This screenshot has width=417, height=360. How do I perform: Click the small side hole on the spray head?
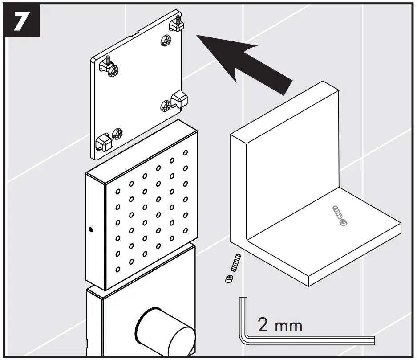pyautogui.click(x=91, y=230)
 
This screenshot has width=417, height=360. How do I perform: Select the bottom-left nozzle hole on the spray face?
pyautogui.click(x=118, y=269)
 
